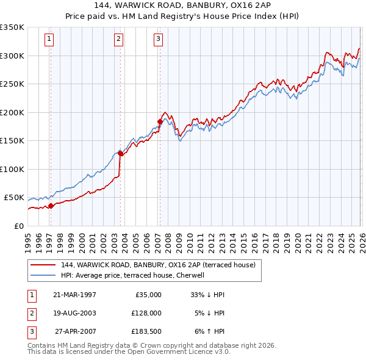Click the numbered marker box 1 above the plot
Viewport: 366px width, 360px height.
pos(49,40)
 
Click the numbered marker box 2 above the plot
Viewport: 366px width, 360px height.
pos(118,40)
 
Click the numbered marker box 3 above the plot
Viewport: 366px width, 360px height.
pos(158,40)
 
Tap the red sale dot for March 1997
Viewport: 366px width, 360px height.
pos(51,206)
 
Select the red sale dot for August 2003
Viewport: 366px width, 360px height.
pos(121,154)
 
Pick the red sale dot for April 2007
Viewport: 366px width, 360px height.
pos(160,122)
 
